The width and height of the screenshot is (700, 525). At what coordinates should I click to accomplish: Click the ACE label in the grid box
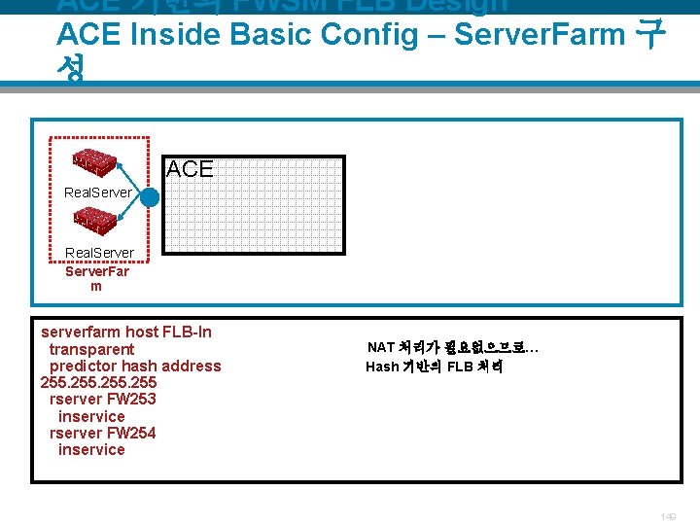point(190,168)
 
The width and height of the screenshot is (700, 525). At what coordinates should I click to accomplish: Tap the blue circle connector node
point(150,196)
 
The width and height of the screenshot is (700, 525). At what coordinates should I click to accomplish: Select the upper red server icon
point(95,161)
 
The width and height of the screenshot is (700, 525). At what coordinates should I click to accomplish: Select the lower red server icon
point(95,223)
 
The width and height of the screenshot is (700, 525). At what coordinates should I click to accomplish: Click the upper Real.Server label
point(98,192)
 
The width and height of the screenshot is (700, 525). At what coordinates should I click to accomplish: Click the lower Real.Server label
point(99,254)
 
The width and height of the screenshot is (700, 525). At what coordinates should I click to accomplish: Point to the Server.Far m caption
point(96,279)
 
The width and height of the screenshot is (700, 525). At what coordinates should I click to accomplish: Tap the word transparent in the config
point(91,349)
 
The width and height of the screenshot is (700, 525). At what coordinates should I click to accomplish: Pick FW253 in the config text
point(130,399)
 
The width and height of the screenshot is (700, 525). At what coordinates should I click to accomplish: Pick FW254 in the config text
point(130,433)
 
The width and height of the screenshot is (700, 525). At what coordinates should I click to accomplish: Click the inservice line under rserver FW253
point(91,416)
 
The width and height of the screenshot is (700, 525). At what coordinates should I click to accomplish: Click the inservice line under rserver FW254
point(91,449)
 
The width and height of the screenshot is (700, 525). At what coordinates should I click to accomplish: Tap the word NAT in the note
point(381,347)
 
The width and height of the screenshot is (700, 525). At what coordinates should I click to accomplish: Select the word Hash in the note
point(382,367)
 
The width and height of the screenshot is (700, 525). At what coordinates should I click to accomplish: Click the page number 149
point(667,516)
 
